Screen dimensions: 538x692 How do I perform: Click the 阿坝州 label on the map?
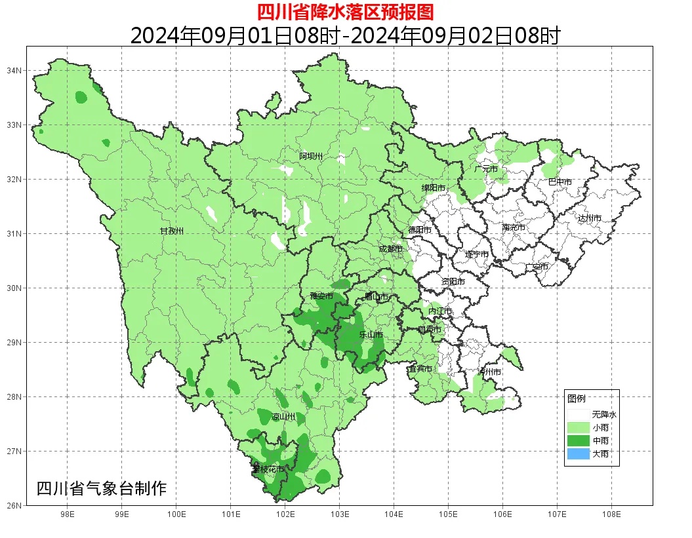point(311,156)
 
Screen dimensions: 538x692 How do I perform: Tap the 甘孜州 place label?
point(172,231)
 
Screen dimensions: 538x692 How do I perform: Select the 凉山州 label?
point(283,417)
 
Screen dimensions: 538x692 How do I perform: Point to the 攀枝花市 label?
point(268,469)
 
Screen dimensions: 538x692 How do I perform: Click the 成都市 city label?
point(392,249)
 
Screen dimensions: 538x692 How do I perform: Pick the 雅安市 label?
point(321,296)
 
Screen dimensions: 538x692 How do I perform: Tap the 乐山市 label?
point(371,335)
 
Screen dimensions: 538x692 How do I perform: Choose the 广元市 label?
point(486,169)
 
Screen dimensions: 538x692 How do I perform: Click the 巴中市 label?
point(560,182)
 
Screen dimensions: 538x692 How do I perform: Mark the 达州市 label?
point(589,218)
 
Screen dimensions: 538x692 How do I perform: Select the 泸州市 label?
point(489,372)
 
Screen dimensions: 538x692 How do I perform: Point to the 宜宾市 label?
point(420,369)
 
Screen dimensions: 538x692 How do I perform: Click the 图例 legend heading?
point(577,398)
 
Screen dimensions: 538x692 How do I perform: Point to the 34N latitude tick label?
point(14,70)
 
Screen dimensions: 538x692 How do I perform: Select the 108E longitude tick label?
point(611,514)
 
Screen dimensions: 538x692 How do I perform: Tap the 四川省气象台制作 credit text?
point(102,488)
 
